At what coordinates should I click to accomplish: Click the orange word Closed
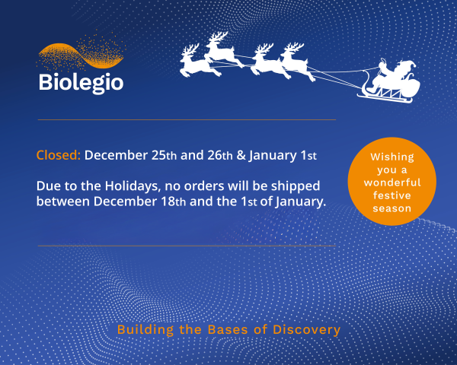click(x=59, y=155)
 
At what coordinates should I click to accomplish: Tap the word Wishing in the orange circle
click(x=391, y=157)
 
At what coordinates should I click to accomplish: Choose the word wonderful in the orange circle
click(x=391, y=182)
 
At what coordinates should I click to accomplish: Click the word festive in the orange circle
click(x=391, y=195)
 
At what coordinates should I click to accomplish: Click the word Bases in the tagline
click(x=222, y=330)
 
